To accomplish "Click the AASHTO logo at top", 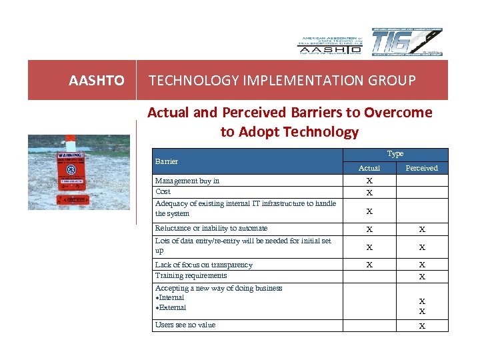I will point(329,43).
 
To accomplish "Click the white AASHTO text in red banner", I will point(97,81).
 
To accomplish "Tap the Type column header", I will point(395,154).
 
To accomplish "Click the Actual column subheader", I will point(369,168).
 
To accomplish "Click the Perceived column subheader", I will point(421,168).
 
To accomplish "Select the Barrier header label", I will point(167,161).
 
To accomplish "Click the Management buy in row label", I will point(187,181).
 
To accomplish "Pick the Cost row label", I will point(163,191).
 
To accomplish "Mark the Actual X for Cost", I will point(369,192).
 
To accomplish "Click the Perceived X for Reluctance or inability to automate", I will point(421,229).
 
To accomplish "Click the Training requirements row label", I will point(191,275).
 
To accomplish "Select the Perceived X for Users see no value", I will point(421,326).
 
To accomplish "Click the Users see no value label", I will point(185,325).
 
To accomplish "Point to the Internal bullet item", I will point(171,297).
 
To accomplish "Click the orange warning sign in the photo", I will point(69,171).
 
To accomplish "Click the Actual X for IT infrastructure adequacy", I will point(369,211).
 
